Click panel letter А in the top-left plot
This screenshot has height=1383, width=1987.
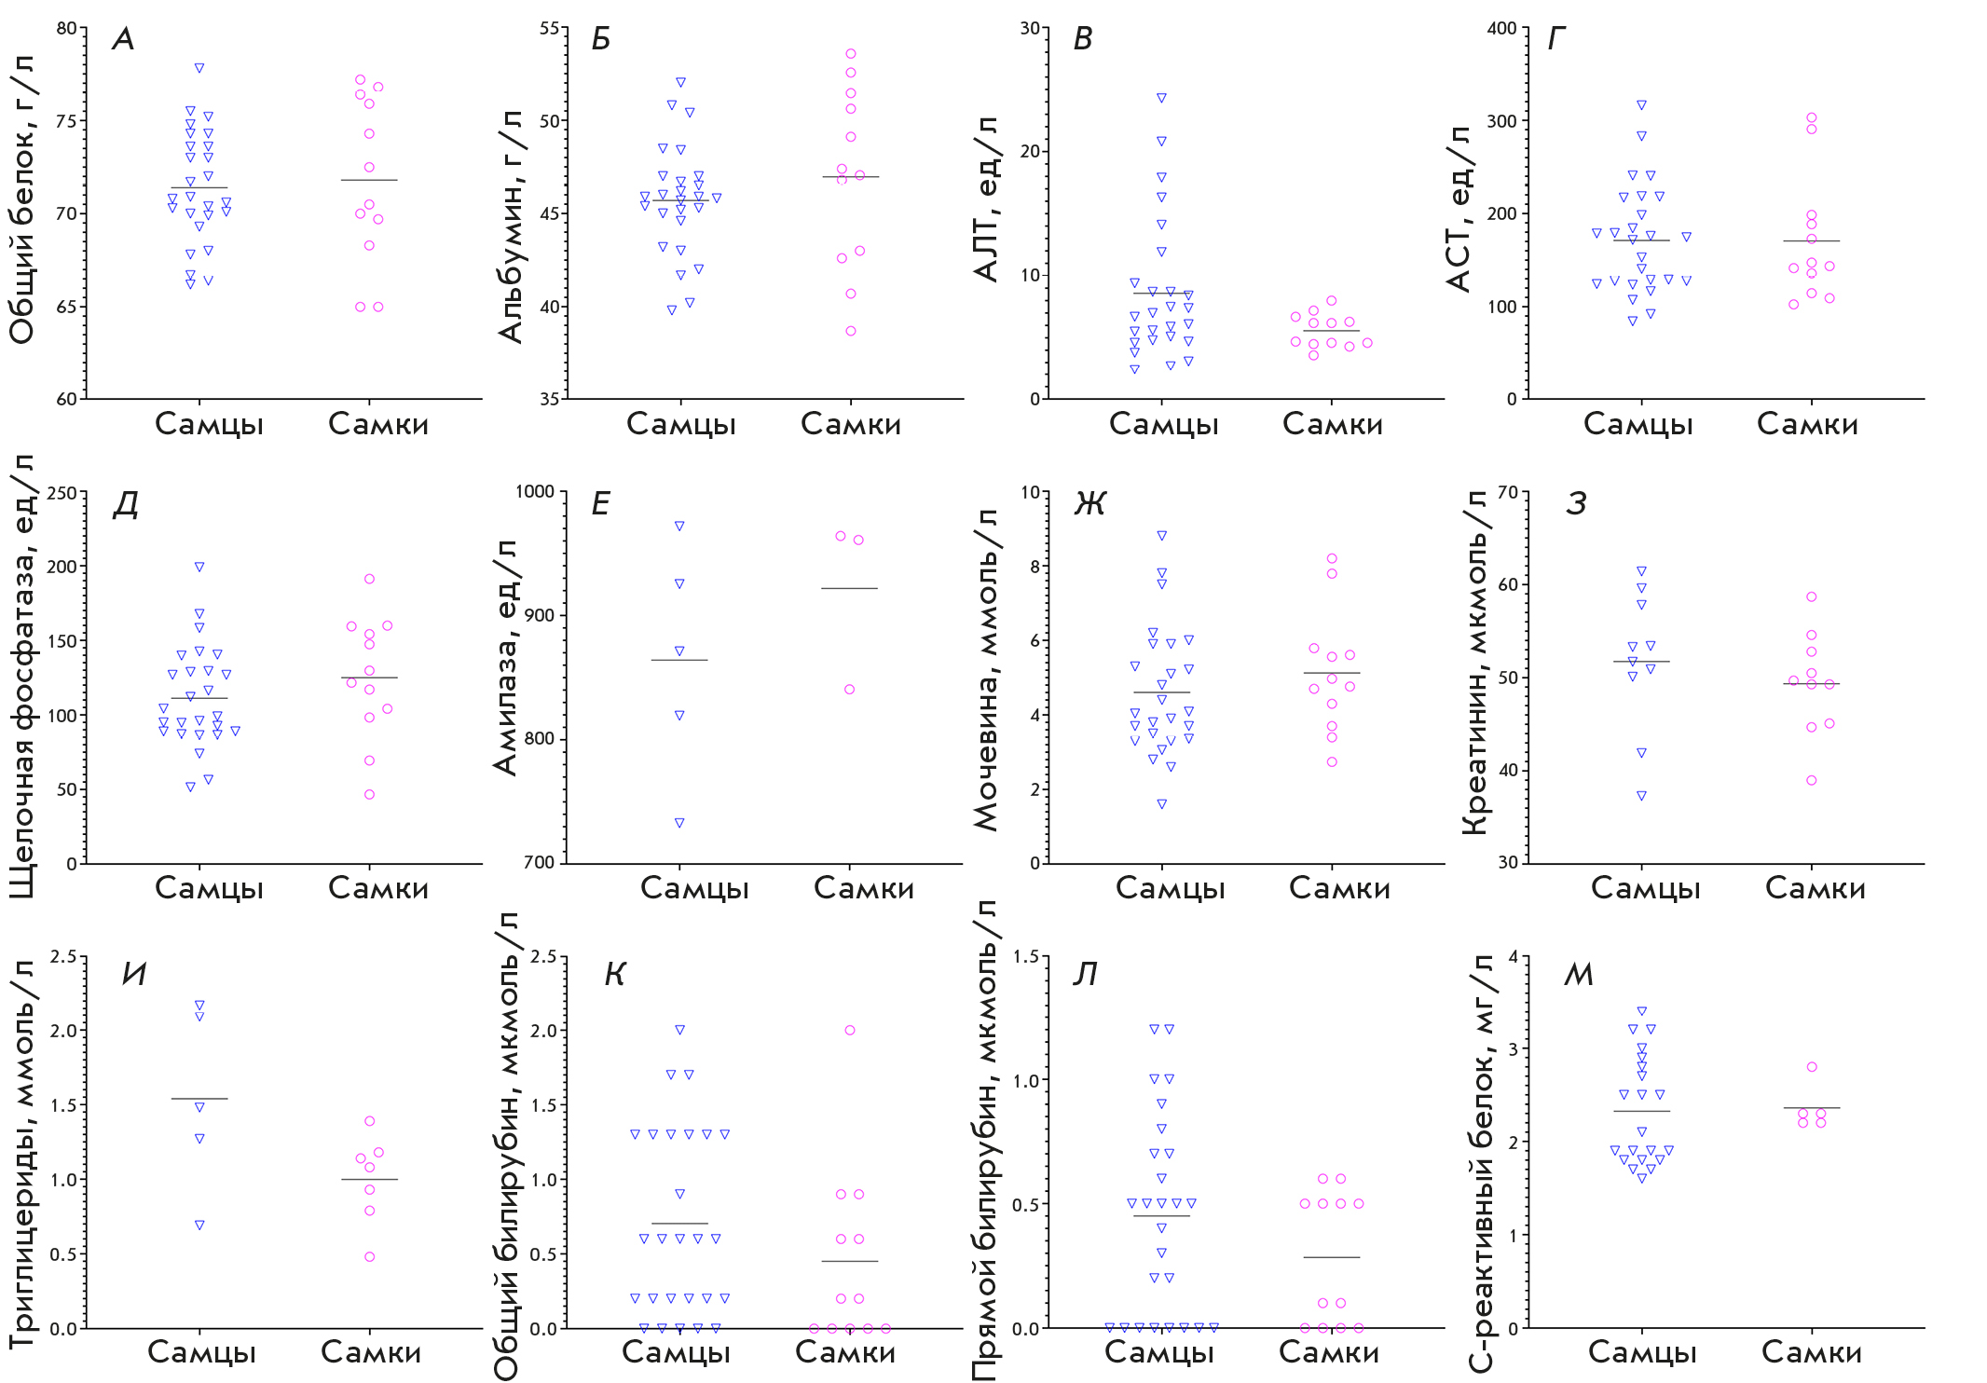(123, 39)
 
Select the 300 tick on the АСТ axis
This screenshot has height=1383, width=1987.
(1501, 121)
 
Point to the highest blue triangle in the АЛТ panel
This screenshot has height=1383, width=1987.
(1161, 98)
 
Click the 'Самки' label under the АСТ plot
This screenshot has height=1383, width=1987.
(1807, 425)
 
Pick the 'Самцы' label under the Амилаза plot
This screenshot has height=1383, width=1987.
(694, 888)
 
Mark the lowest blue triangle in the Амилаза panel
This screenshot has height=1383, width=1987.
(679, 823)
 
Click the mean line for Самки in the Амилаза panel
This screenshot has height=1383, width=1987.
(849, 588)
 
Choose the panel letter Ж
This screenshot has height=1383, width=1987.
(1089, 504)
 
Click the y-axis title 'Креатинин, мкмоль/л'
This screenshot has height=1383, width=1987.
(1475, 662)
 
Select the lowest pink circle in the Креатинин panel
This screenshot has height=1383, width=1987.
(1811, 781)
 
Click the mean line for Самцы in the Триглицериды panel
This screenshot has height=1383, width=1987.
(199, 1099)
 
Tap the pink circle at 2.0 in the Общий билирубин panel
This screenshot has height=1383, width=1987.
(850, 1031)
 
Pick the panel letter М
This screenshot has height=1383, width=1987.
(1578, 975)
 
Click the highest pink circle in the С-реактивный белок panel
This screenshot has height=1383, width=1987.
(1812, 1067)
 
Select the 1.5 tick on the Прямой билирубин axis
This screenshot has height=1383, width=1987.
(1026, 957)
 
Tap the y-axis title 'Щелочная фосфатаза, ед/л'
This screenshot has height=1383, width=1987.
(22, 676)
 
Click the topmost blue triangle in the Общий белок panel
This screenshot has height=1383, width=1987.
(199, 68)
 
